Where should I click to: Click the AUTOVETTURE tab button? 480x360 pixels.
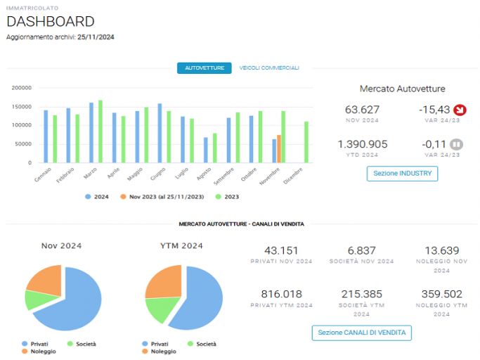(205, 68)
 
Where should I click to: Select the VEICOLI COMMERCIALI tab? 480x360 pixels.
(269, 68)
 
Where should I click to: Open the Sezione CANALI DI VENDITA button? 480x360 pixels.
(361, 333)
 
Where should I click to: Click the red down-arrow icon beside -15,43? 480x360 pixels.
(460, 110)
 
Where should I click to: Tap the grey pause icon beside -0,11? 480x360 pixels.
(456, 144)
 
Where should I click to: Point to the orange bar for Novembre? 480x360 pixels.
(279, 149)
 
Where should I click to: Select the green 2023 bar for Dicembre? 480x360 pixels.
(306, 142)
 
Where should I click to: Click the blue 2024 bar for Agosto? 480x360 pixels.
(206, 150)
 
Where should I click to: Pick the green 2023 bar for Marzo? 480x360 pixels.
(100, 131)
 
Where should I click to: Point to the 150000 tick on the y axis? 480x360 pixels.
(21, 107)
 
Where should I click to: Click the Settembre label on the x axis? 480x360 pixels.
(223, 176)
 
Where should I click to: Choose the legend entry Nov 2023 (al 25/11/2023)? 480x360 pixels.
(162, 197)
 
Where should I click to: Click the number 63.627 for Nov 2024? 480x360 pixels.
(362, 110)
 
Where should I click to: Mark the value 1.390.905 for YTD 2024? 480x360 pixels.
(363, 144)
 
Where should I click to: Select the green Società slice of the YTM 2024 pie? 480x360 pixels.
(161, 308)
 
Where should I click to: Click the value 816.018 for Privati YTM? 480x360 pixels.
(281, 294)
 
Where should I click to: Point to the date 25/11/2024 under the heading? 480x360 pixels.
(96, 37)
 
